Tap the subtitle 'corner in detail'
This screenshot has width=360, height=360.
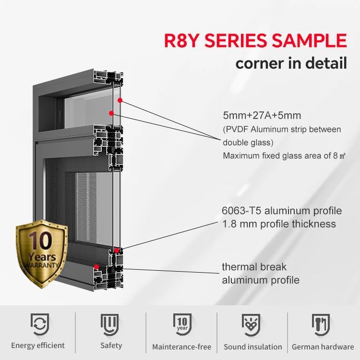pos(291,63)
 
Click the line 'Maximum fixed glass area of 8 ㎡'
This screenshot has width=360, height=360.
pos(285,156)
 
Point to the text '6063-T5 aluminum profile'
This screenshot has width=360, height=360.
pos(282,211)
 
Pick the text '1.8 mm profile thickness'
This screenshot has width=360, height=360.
pos(279,224)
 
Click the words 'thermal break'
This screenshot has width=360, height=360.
pos(253,267)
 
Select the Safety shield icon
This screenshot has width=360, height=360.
pos(110,324)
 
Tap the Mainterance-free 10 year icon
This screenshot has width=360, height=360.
pos(181,324)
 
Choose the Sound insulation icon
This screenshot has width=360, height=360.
pos(252,324)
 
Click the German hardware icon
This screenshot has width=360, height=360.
pos(322,324)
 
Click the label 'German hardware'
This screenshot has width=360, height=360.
pos(323,347)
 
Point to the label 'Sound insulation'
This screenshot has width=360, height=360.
pos(253,347)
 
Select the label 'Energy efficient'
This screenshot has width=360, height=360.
pos(38,346)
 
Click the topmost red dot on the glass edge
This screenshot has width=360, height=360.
pos(120,100)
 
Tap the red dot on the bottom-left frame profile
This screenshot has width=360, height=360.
pos(96,266)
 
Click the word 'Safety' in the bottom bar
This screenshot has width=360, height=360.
pos(111,345)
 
